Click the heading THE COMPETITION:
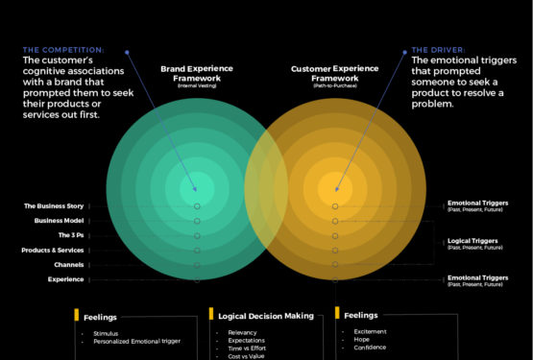[x=63, y=49]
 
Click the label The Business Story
[x=54, y=205]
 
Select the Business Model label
[x=60, y=220]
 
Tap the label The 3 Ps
[x=69, y=235]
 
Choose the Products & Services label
[x=53, y=250]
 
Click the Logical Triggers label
[x=477, y=241]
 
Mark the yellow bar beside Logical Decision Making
[x=210, y=314]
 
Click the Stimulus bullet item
[x=107, y=333]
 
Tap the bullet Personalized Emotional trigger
[x=137, y=341]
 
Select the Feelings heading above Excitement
[x=360, y=314]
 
